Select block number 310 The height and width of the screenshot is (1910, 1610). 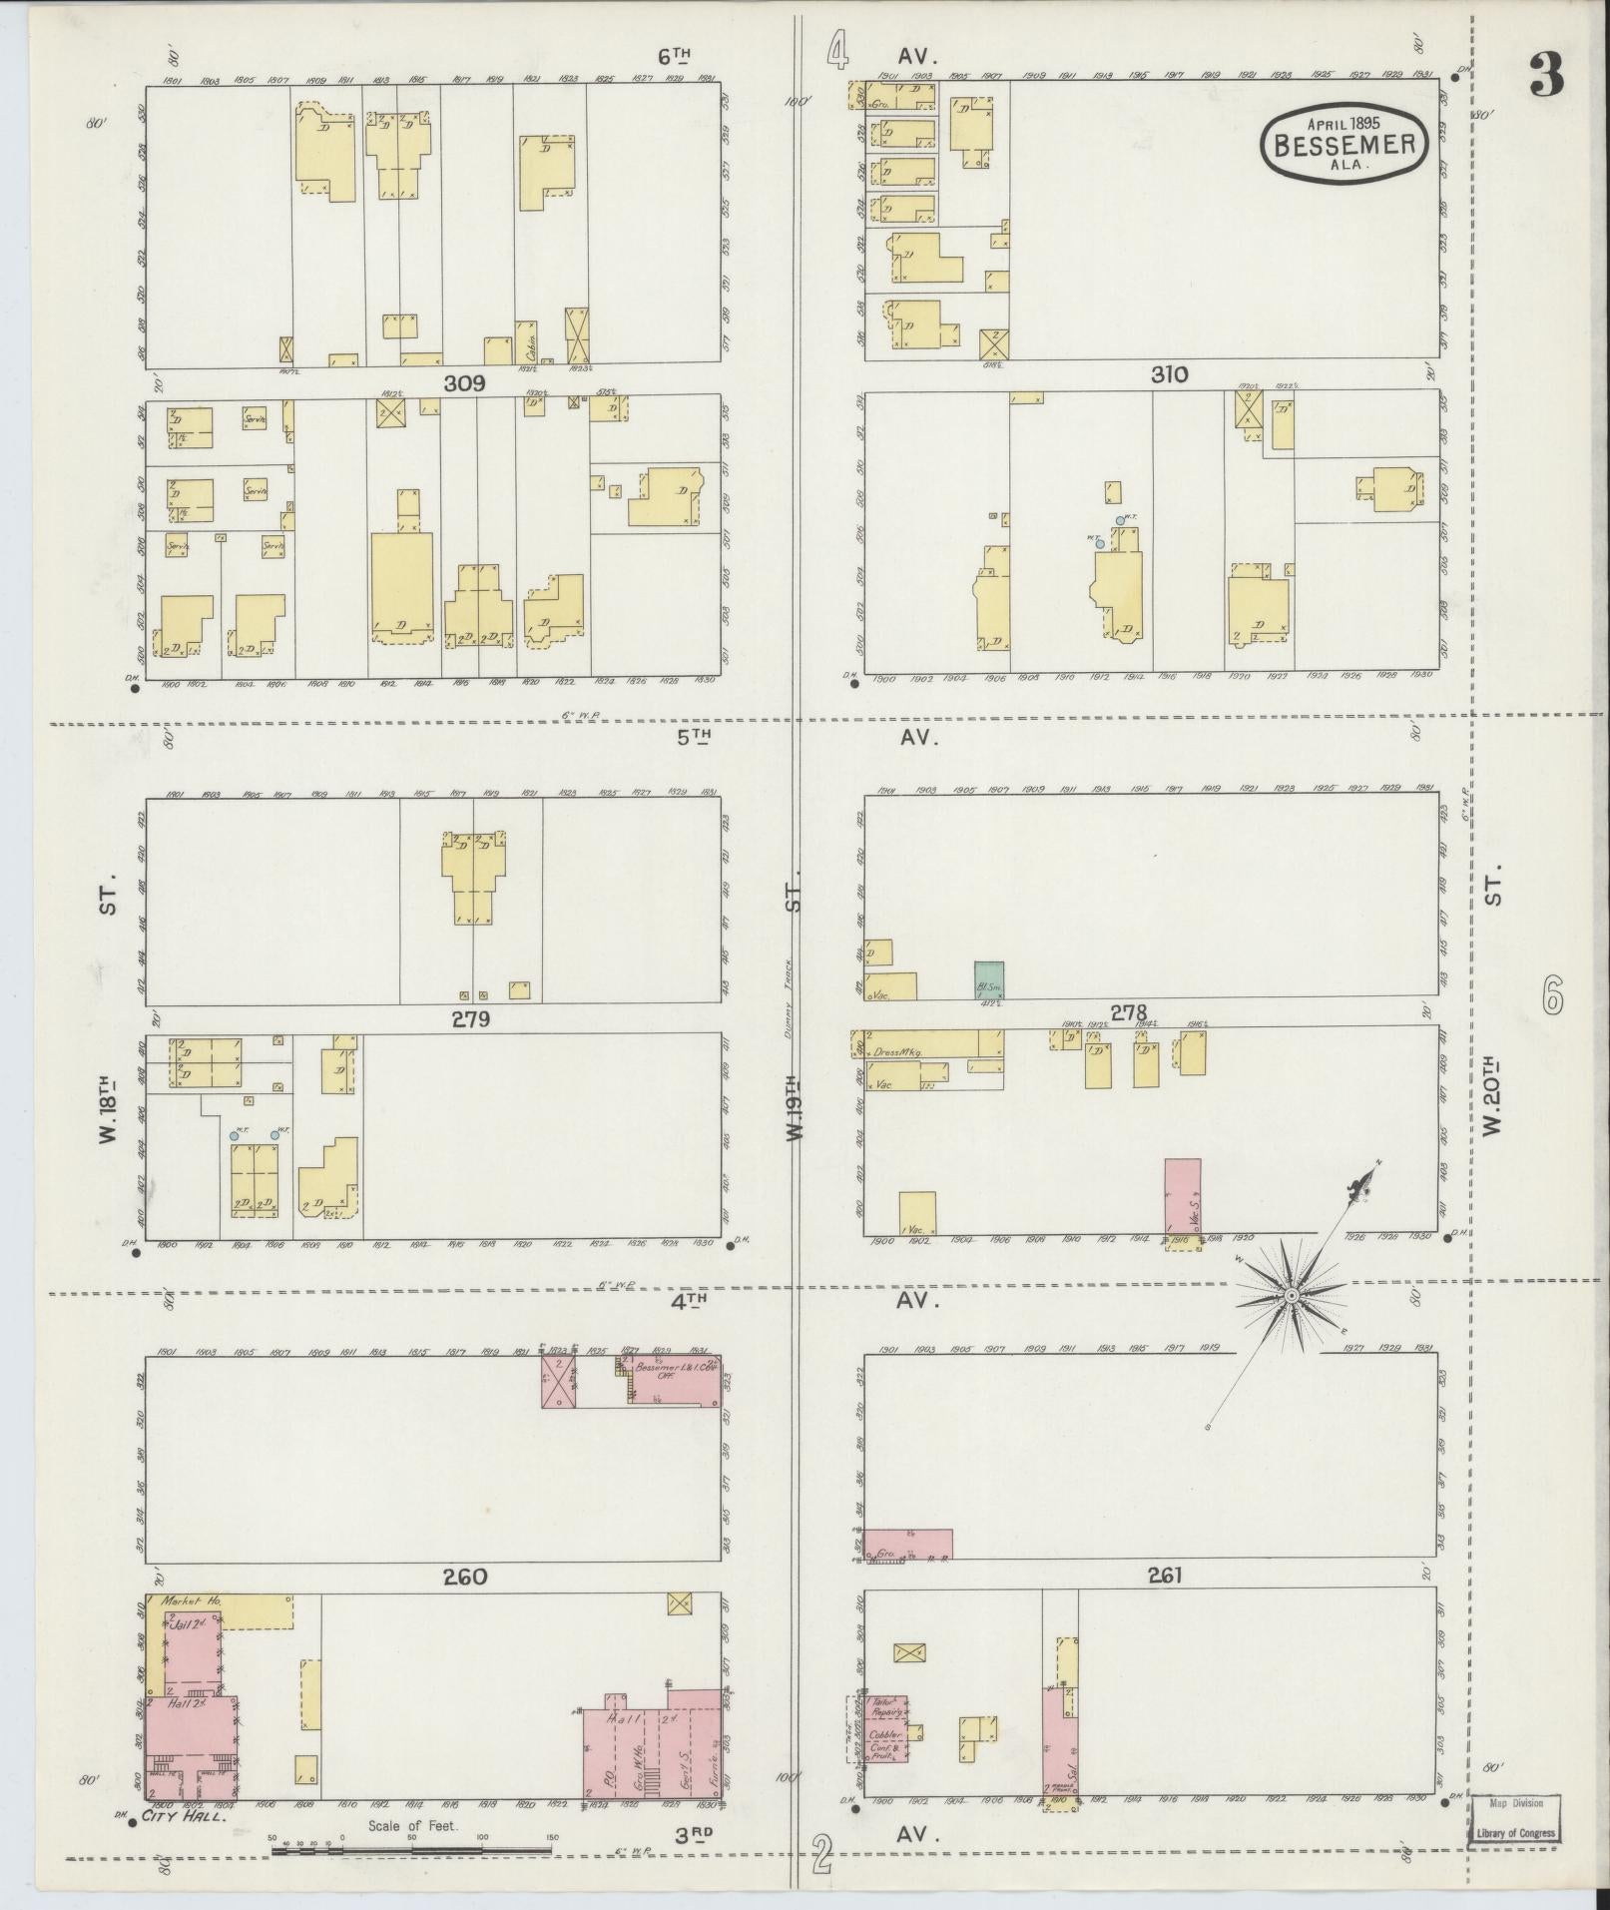tap(1169, 375)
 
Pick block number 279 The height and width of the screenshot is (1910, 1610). tap(470, 1019)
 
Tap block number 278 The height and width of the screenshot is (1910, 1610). tap(1129, 1012)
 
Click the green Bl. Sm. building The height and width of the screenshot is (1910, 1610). tap(989, 979)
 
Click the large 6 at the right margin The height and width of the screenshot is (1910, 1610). tap(1553, 994)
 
